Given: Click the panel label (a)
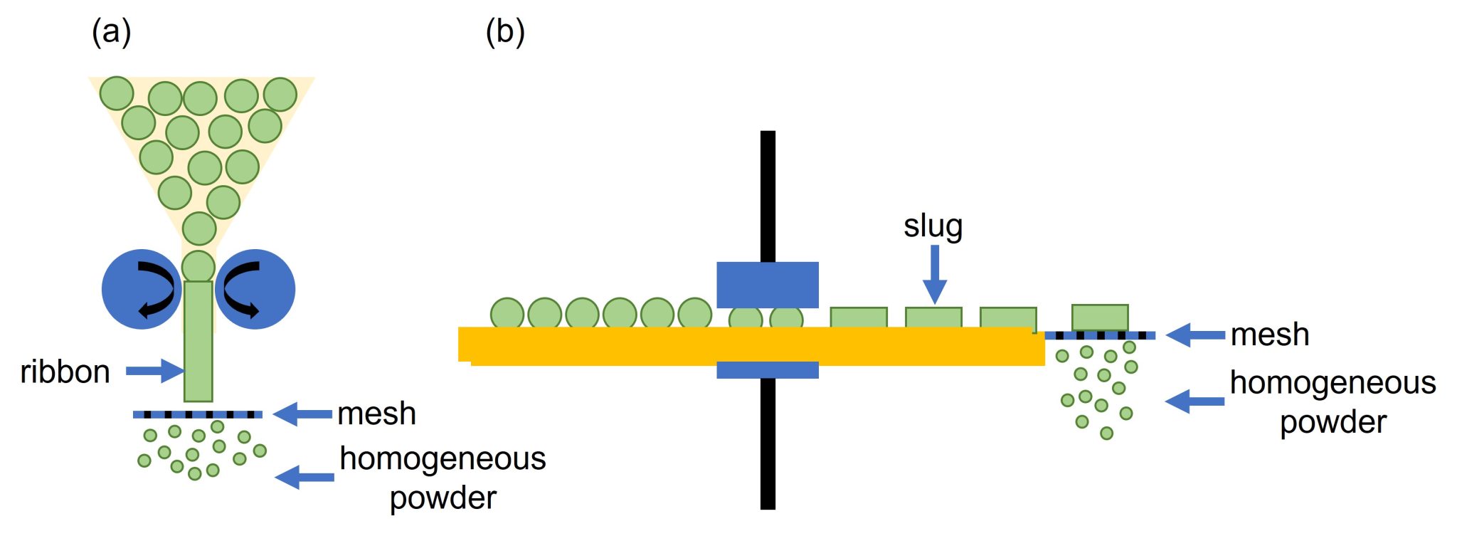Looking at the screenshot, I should point(112,32).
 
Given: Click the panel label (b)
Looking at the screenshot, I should point(505,32).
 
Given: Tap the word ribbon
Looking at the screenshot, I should point(65,372).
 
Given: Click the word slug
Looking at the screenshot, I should point(933,226).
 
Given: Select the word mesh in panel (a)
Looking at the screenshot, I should point(376,414).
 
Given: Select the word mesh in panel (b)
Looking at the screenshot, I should point(1270,335).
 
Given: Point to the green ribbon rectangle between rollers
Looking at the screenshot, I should point(198,342).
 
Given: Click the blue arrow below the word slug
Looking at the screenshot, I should point(935,274).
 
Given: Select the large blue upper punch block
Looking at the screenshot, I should point(767,285).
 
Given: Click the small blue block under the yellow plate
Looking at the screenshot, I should point(767,370).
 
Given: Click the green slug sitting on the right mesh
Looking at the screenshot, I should point(1099,317).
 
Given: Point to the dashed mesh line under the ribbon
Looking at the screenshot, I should point(198,414).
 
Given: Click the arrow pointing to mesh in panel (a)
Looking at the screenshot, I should point(302,414).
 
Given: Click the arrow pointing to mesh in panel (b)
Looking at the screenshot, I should point(1195,335).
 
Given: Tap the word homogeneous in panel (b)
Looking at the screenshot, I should point(1333,383).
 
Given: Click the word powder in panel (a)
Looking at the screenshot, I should point(443,498).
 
